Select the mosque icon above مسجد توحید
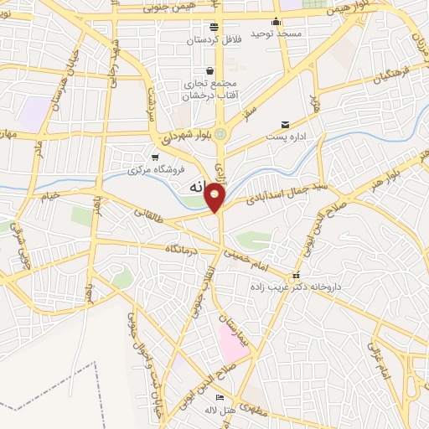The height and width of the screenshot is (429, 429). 277,23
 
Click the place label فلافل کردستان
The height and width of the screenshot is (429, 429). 220,39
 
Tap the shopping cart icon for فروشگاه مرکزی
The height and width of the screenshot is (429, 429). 155,157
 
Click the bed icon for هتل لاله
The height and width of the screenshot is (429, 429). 220,397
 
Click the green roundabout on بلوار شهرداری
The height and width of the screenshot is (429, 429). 220,133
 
